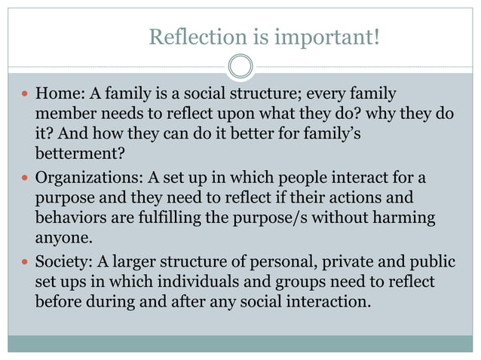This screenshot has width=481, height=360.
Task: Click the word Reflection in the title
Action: pos(188,36)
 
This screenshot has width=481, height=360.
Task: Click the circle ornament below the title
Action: pos(240,66)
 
